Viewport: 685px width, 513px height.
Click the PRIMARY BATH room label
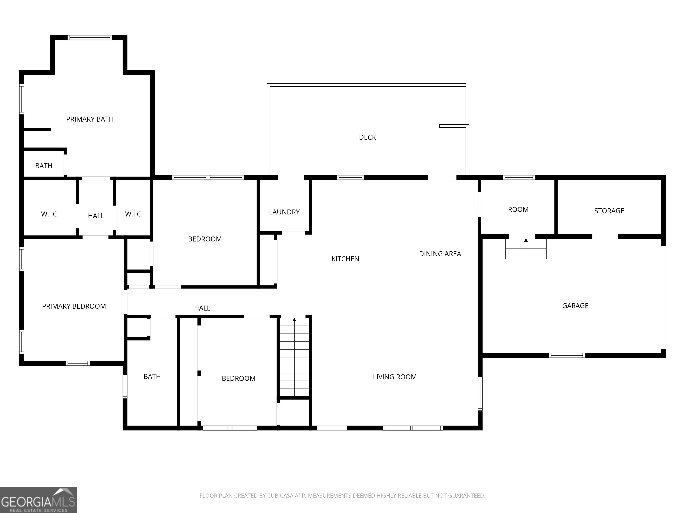90,119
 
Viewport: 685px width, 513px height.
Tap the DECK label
367,137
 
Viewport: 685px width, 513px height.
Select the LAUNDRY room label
284,212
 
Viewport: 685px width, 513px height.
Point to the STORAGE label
609,211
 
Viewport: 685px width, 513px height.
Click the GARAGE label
575,306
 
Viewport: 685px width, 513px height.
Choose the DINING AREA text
440,254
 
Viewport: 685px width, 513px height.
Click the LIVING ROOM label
394,377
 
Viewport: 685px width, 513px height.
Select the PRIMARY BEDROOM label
74,306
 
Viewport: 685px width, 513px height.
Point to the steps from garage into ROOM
526,249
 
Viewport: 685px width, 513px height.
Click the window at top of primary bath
90,38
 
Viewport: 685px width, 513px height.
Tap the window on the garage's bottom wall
567,355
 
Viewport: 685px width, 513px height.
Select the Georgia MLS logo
38,500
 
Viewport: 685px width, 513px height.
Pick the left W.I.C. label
50,214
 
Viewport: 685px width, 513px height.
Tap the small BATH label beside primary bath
44,166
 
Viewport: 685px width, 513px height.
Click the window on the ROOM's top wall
519,177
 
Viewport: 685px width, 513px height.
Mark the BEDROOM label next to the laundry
205,239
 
